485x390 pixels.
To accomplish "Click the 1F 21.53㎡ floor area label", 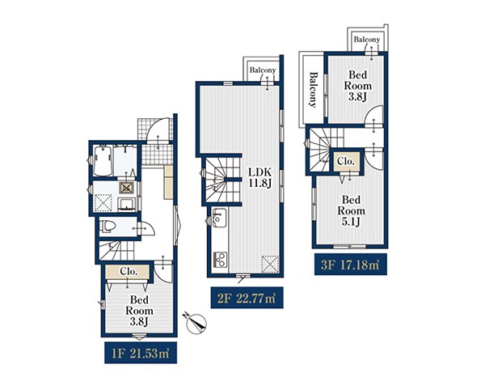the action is [141, 353].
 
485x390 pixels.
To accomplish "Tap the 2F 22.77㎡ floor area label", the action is [247, 298].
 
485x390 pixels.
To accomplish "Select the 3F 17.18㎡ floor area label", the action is [351, 265].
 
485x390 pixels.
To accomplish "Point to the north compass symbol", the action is [196, 323].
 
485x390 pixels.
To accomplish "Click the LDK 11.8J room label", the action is [260, 178].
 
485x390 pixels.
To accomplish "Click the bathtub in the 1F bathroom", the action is [103, 161].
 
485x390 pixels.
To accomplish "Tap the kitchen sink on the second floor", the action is [219, 216].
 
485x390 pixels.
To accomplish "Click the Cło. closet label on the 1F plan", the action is [129, 271].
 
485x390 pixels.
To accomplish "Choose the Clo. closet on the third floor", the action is [346, 161].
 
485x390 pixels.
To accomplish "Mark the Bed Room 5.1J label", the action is [351, 210].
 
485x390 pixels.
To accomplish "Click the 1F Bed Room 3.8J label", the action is [139, 311].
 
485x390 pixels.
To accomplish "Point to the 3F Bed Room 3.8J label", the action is [357, 86].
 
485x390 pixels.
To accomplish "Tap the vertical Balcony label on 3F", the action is [313, 90].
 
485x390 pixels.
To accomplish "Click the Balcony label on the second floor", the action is [262, 70].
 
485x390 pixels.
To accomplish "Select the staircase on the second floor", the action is [221, 179].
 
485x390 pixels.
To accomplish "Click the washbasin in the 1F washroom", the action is [126, 204].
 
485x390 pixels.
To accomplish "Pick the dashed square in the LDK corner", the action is [270, 264].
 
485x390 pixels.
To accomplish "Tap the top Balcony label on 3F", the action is [366, 40].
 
